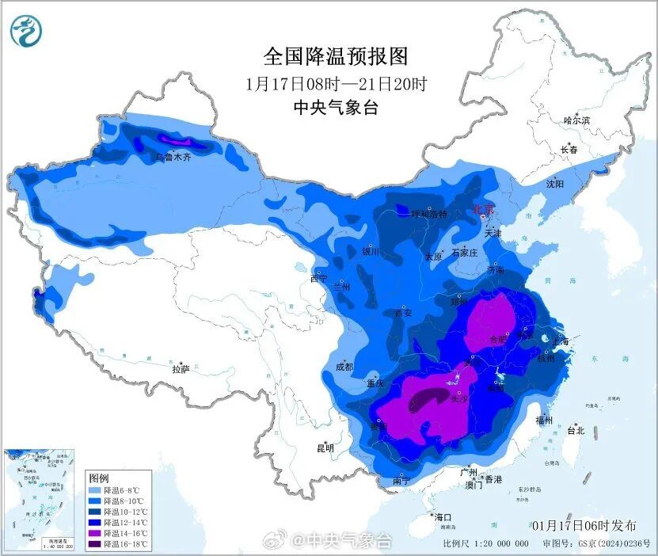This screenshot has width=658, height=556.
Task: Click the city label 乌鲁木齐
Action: pyautogui.click(x=173, y=158)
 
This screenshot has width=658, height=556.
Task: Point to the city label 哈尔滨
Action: pyautogui.click(x=576, y=120)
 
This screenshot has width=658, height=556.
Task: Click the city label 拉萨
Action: pyautogui.click(x=181, y=369)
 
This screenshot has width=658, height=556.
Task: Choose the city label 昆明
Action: pyautogui.click(x=325, y=447)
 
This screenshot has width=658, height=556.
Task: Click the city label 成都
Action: pyautogui.click(x=344, y=367)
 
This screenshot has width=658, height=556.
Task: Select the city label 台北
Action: pyautogui.click(x=576, y=431)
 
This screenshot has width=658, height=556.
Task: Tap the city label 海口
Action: pyautogui.click(x=442, y=517)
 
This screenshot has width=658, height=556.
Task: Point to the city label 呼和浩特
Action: pyautogui.click(x=428, y=215)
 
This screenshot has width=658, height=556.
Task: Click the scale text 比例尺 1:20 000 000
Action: pyautogui.click(x=486, y=543)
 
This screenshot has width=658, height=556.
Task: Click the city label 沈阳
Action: pyautogui.click(x=554, y=184)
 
